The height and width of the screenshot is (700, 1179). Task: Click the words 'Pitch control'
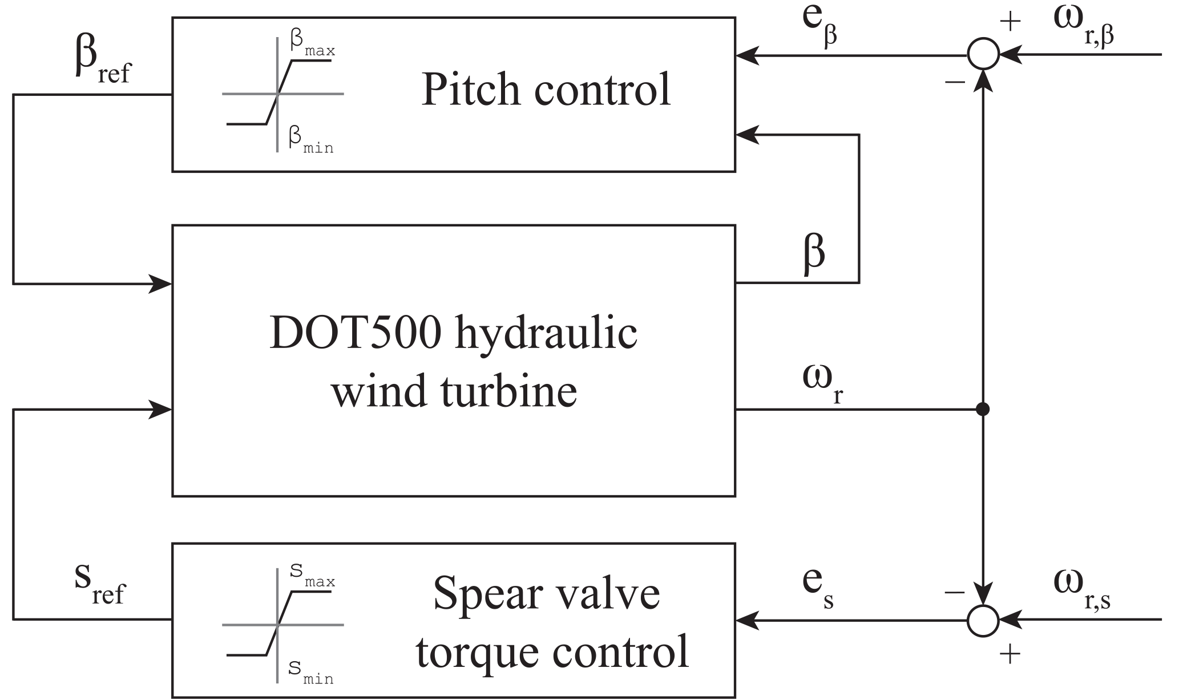pyautogui.click(x=546, y=90)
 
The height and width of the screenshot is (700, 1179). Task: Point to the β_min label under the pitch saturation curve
pyautogui.click(x=310, y=140)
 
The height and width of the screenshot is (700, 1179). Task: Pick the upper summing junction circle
pyautogui.click(x=983, y=55)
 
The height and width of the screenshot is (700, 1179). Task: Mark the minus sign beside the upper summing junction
pyautogui.click(x=955, y=82)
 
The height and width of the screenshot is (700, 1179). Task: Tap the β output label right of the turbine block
pyautogui.click(x=814, y=253)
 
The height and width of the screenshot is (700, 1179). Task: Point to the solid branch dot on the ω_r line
pyautogui.click(x=983, y=409)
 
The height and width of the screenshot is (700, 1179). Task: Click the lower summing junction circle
pyautogui.click(x=983, y=620)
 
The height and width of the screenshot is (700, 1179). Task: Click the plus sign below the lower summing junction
pyautogui.click(x=1010, y=654)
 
